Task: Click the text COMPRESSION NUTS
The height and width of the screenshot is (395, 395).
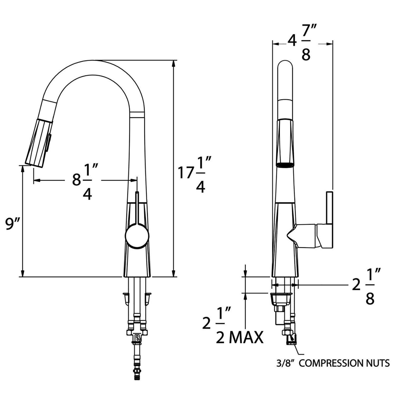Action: point(344,363)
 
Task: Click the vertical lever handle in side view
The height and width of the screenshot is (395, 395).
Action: point(329,208)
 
